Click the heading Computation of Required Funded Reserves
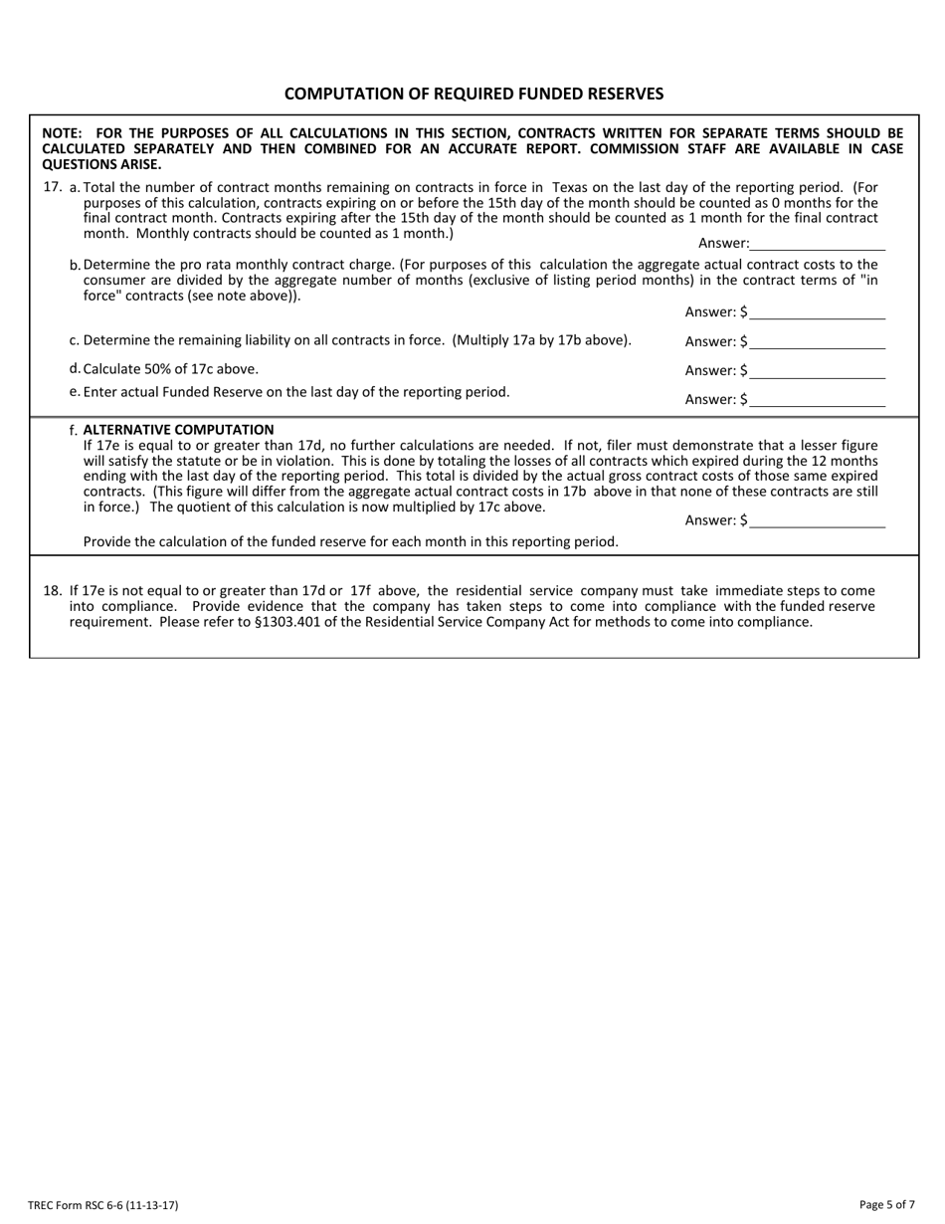(x=473, y=94)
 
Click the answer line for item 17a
(x=818, y=243)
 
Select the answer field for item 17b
(x=818, y=311)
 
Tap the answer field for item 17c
(x=818, y=341)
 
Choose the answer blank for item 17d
(x=818, y=370)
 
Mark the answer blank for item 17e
(x=818, y=399)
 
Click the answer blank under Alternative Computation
(x=818, y=520)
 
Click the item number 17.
(x=53, y=186)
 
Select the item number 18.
(x=53, y=590)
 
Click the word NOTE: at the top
(x=62, y=132)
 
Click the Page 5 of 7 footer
(x=886, y=1205)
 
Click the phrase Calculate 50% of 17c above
(x=170, y=368)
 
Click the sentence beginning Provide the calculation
(x=350, y=542)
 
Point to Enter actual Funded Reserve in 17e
(x=186, y=392)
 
